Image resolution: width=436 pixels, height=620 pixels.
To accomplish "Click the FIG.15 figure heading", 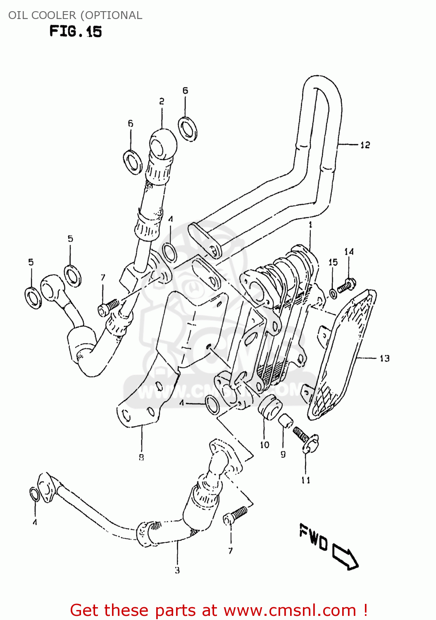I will [76, 31].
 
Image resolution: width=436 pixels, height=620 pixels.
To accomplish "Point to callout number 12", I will [365, 145].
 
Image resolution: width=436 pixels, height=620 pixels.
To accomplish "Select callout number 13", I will [384, 358].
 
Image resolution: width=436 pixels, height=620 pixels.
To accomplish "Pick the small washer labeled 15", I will [333, 294].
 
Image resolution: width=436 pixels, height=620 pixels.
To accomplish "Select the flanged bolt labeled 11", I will [306, 440].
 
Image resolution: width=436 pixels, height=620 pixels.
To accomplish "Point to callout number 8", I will [141, 457].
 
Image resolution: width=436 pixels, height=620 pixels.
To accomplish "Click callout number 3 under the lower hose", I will [177, 570].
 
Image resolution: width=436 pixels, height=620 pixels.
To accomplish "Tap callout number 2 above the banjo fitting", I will [162, 101].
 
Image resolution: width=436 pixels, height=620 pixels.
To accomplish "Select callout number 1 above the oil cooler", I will [310, 225].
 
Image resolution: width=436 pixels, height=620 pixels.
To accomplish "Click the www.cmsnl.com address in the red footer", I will [289, 610].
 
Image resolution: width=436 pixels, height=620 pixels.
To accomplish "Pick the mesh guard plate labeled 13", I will [343, 355].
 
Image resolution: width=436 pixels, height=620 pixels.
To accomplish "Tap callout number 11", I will [305, 480].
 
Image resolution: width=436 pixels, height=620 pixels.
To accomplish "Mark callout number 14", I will [349, 252].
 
